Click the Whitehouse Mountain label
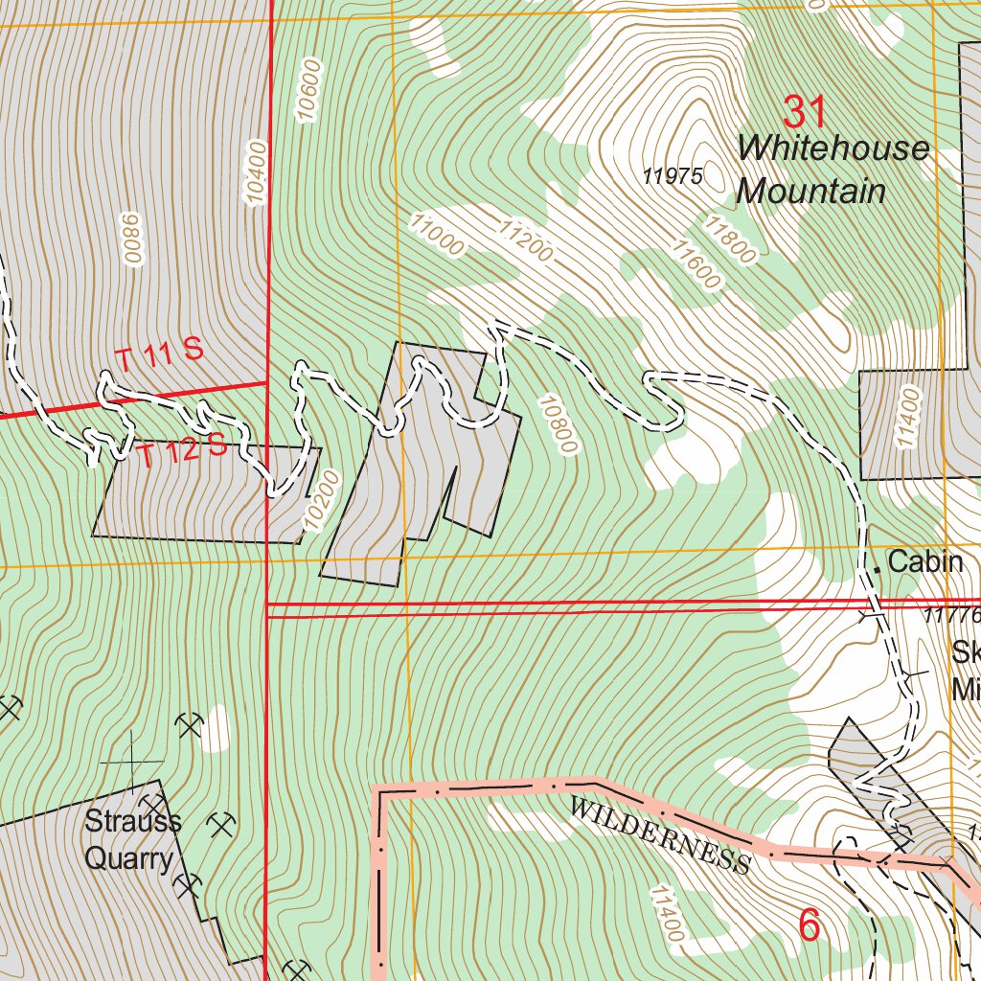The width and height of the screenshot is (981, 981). (833, 170)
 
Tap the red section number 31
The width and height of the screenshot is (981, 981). (805, 113)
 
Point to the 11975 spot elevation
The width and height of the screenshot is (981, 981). (673, 176)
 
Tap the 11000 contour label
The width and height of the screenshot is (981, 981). (437, 235)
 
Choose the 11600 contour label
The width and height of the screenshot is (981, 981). (695, 264)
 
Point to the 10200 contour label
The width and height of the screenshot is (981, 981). (321, 500)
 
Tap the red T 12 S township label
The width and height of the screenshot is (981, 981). (180, 449)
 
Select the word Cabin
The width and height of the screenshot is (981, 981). (924, 561)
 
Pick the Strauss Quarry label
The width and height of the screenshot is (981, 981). (132, 840)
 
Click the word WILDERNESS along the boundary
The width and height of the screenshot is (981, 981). (659, 834)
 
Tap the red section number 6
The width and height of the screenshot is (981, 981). (810, 925)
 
